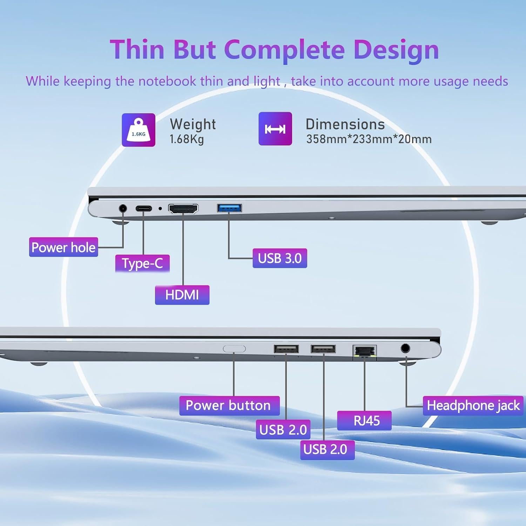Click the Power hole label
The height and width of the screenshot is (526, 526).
pyautogui.click(x=63, y=247)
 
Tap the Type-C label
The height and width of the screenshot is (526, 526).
pyautogui.click(x=142, y=263)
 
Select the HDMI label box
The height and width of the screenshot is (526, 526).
pyautogui.click(x=182, y=295)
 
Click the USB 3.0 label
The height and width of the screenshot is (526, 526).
pyautogui.click(x=280, y=258)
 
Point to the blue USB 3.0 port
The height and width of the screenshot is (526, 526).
pyautogui.click(x=229, y=208)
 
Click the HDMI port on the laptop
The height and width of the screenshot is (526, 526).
pyautogui.click(x=183, y=209)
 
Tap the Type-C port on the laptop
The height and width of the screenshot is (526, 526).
pyautogui.click(x=143, y=209)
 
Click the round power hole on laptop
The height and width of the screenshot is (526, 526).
pyautogui.click(x=123, y=208)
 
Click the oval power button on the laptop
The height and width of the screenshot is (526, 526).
pyautogui.click(x=234, y=349)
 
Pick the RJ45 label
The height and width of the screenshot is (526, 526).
pyautogui.click(x=364, y=420)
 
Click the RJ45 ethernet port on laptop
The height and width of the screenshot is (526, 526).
pyautogui.click(x=365, y=352)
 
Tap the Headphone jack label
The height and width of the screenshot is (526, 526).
pyautogui.click(x=473, y=406)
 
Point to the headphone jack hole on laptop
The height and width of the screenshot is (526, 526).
pyautogui.click(x=405, y=348)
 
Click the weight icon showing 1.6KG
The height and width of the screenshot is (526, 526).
pyautogui.click(x=139, y=130)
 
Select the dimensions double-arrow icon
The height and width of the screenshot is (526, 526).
pyautogui.click(x=275, y=129)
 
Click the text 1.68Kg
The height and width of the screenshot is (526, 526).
pyautogui.click(x=187, y=139)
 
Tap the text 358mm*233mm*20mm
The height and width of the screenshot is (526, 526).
pyautogui.click(x=369, y=139)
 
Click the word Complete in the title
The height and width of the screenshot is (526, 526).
pyautogui.click(x=284, y=50)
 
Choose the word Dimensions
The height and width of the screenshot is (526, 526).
pyautogui.click(x=345, y=124)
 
